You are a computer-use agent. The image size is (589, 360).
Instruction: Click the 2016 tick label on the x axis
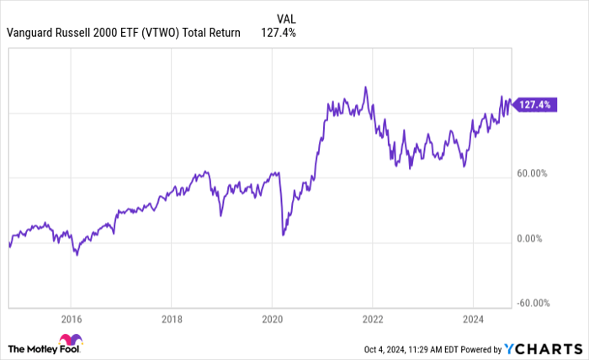tap(71, 319)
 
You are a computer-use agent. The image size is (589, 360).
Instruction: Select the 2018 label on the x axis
tap(171, 319)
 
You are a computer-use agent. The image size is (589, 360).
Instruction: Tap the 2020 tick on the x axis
tap(272, 319)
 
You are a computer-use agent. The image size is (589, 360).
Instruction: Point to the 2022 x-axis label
tap(372, 319)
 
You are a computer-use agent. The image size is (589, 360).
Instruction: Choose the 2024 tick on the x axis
tap(473, 319)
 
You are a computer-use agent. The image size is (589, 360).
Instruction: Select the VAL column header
tap(285, 18)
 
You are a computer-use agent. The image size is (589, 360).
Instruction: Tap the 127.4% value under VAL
tap(279, 33)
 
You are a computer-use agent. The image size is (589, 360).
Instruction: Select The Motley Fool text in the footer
tap(42, 348)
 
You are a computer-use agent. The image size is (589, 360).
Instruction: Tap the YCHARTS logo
tap(542, 349)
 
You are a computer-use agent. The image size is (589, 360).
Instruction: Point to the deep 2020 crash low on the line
tap(283, 235)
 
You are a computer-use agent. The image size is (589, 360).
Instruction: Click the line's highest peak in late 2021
tap(365, 87)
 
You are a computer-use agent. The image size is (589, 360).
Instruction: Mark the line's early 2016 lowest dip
tap(77, 254)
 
